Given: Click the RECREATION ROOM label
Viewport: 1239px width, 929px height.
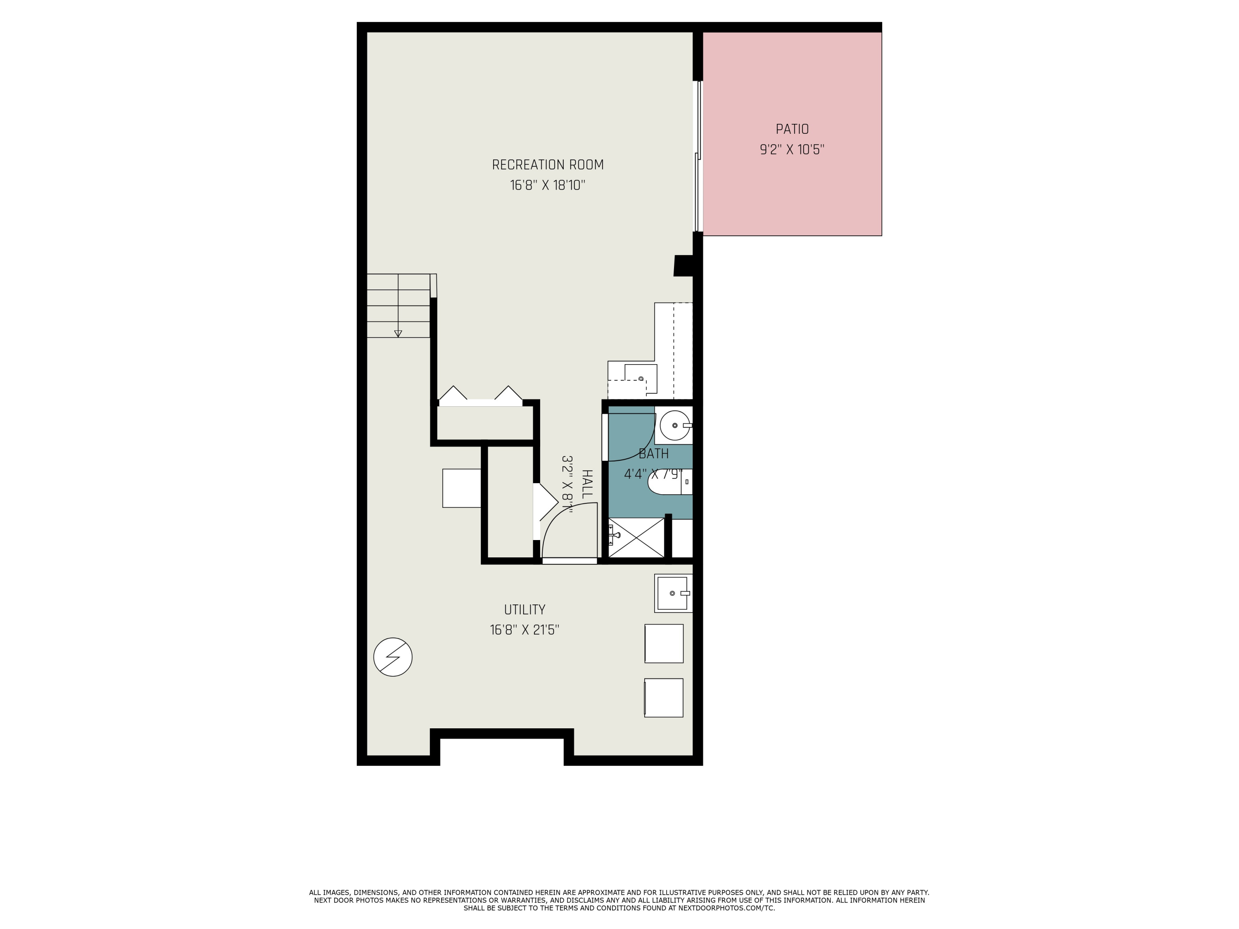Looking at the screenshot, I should (547, 165).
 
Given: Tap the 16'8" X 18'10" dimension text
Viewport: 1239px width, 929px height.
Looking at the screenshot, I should (547, 185).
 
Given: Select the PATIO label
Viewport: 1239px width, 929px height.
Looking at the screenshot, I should (792, 129).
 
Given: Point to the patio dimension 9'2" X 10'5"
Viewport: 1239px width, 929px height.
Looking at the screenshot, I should (792, 150).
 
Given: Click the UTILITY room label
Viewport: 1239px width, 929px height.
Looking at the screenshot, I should (524, 610).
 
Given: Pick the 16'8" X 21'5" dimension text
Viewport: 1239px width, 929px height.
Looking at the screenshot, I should (524, 630).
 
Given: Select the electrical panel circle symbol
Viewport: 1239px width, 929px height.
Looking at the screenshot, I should (393, 657).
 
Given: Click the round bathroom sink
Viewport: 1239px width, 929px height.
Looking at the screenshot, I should (674, 426).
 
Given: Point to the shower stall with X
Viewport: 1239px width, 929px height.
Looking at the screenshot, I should (636, 538).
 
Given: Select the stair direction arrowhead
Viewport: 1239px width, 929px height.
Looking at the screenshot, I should (398, 334).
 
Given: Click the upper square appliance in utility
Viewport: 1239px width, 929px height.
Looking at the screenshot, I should (664, 643).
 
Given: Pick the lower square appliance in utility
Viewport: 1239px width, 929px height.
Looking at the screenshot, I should (664, 698).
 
